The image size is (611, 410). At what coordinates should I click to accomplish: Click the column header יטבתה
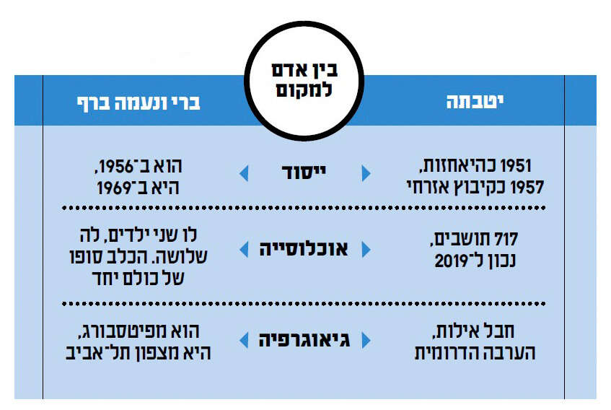[x=475, y=102]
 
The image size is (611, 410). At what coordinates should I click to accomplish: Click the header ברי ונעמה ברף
[x=139, y=103]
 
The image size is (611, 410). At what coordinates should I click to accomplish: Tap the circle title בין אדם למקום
[x=304, y=80]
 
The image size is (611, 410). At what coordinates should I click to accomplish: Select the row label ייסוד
[x=304, y=173]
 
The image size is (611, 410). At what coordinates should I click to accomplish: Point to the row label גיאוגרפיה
[x=304, y=340]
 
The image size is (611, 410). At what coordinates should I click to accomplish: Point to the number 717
[x=506, y=239]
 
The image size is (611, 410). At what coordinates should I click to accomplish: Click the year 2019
[x=451, y=261]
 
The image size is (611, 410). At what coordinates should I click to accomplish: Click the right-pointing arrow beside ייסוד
[x=366, y=173]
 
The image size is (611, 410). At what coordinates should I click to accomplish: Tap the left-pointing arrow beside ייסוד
[x=244, y=173]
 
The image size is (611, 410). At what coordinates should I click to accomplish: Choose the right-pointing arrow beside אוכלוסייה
[x=366, y=250]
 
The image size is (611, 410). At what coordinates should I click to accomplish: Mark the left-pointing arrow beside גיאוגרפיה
[x=244, y=340]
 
